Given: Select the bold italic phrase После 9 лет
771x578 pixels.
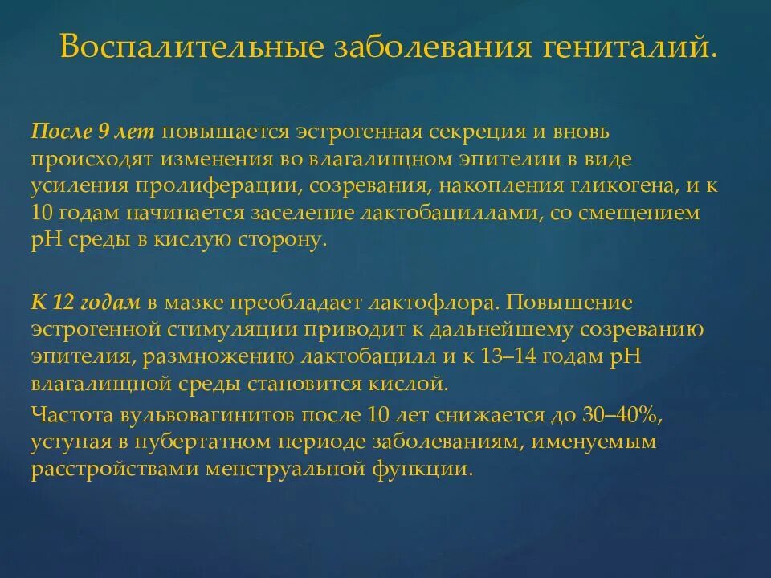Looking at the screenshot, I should (x=94, y=131).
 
